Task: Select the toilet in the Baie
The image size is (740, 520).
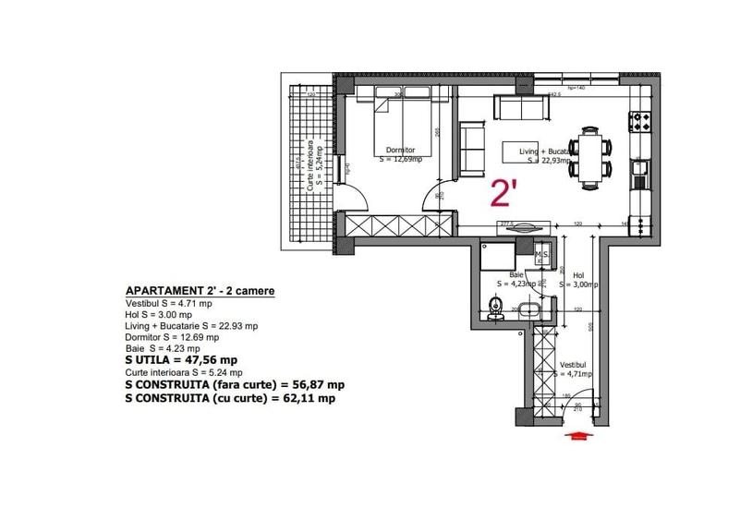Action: (x=496, y=307)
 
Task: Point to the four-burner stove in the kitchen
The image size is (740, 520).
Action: (x=639, y=120)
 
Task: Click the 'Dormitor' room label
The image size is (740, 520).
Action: (x=395, y=150)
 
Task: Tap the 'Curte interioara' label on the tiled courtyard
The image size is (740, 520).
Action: (x=311, y=166)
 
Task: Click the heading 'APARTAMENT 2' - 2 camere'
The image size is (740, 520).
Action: (x=199, y=291)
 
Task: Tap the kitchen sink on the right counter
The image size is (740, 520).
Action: (x=639, y=170)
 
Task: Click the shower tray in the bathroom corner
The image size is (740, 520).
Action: (x=500, y=253)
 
